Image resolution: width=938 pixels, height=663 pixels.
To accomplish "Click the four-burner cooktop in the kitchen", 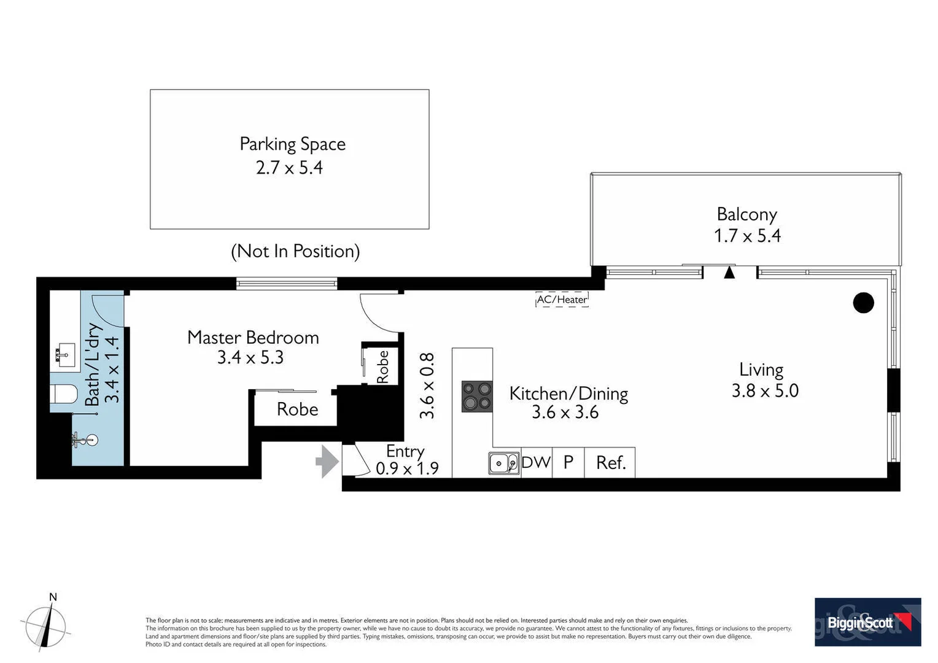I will (x=477, y=396).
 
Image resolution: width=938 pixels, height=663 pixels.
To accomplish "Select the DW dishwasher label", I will (x=536, y=462).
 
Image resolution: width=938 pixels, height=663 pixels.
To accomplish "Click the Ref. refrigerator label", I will (x=610, y=463).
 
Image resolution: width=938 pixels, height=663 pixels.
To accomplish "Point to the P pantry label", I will (x=568, y=462).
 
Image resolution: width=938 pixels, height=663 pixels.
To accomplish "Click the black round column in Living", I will (x=863, y=303).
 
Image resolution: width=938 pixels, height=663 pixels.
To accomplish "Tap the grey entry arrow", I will (x=327, y=462).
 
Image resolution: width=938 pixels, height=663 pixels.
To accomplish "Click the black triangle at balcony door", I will (x=729, y=272).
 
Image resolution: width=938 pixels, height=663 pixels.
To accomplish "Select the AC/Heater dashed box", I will (x=562, y=300).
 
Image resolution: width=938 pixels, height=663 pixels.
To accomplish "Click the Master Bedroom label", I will (x=253, y=337).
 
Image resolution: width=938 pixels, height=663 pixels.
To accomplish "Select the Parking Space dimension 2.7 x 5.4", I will (x=289, y=168).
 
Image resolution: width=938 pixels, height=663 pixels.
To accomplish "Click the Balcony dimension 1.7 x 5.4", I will (x=747, y=236).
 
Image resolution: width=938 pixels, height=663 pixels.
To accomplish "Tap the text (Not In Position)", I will (x=295, y=251).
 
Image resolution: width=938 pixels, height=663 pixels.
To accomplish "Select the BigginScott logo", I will (x=867, y=622).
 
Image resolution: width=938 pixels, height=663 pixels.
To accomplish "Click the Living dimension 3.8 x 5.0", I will (x=765, y=391).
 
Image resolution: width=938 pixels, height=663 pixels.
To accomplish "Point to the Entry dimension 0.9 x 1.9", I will (x=407, y=469).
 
